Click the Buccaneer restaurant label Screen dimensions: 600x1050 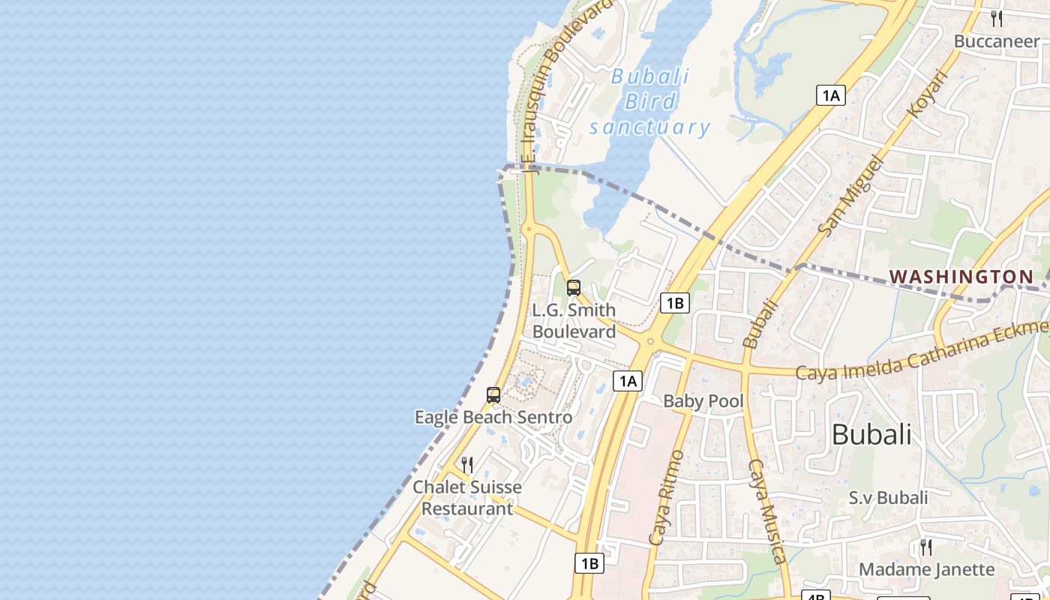996,41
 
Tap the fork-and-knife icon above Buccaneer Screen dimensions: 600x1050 997,19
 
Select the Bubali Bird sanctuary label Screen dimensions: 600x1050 649,101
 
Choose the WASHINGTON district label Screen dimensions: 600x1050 961,277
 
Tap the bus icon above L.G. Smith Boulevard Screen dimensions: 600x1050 574,287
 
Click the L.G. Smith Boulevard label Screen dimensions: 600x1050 574,321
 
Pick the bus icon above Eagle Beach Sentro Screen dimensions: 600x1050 493,395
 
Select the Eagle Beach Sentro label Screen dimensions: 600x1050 493,417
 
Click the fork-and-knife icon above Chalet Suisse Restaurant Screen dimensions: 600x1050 467,465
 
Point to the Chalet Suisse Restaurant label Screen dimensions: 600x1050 467,498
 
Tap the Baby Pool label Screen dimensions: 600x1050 703,401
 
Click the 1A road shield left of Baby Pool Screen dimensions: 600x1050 628,381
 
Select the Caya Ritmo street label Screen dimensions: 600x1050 666,497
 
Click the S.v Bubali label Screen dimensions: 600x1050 888,497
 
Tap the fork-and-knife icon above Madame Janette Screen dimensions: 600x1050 926,547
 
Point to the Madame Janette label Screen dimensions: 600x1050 926,569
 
